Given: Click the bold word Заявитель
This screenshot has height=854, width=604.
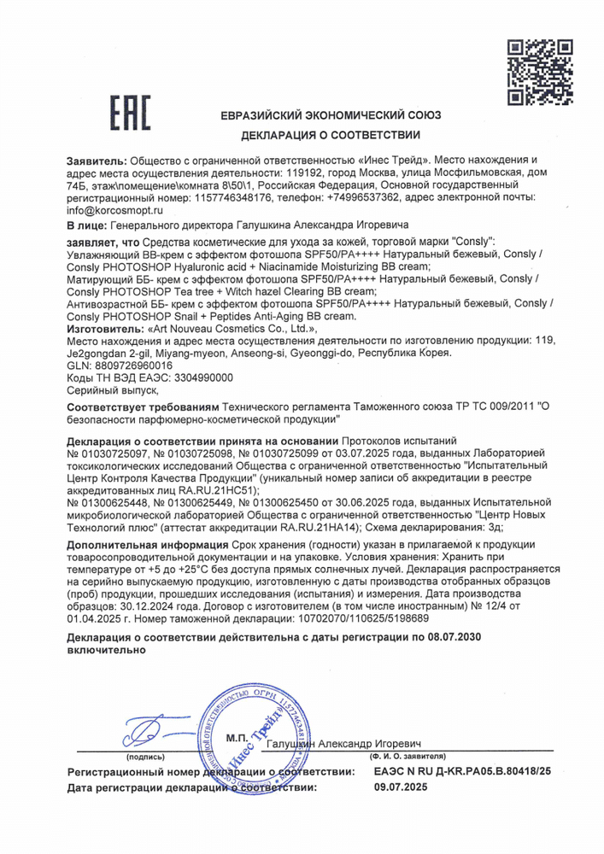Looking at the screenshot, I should point(96,161).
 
